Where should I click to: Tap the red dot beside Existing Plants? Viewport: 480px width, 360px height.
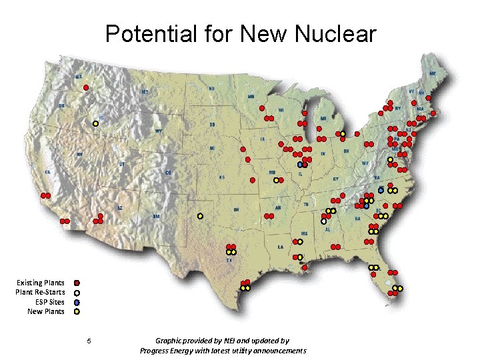pyautogui.click(x=77, y=283)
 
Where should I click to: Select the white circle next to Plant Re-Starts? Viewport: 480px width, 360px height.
pyautogui.click(x=77, y=293)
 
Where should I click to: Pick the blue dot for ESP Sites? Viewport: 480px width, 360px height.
pyautogui.click(x=77, y=302)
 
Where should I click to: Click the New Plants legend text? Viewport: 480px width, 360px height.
pyautogui.click(x=46, y=311)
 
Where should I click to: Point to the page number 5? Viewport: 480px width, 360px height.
pyautogui.click(x=89, y=342)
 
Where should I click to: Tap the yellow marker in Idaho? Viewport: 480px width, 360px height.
pyautogui.click(x=95, y=123)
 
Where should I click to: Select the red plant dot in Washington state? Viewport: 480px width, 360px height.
pyautogui.click(x=85, y=87)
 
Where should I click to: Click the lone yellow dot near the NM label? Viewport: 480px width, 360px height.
pyautogui.click(x=200, y=216)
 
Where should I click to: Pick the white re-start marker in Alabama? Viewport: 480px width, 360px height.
pyautogui.click(x=323, y=221)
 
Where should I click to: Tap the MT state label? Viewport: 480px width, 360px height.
pyautogui.click(x=145, y=91)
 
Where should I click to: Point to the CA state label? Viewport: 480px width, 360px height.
pyautogui.click(x=47, y=172)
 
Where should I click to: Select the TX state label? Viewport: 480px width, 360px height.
pyautogui.click(x=229, y=261)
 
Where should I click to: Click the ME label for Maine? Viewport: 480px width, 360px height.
pyautogui.click(x=433, y=73)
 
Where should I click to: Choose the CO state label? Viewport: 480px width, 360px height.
pyautogui.click(x=168, y=173)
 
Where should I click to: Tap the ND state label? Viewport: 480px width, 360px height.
pyautogui.click(x=212, y=89)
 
